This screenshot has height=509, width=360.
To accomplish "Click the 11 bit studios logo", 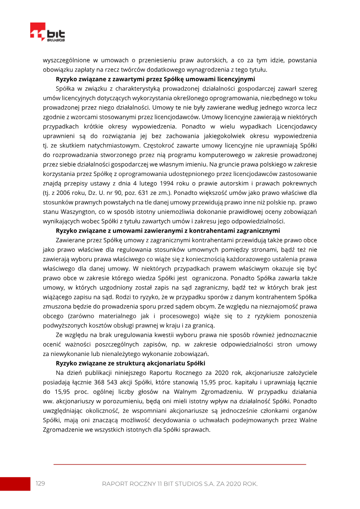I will point(47,32).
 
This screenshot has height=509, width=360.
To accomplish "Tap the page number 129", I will point(40,483).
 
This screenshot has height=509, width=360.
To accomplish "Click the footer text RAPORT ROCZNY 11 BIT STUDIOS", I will point(180,484).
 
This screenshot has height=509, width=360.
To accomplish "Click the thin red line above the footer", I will point(180,464).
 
